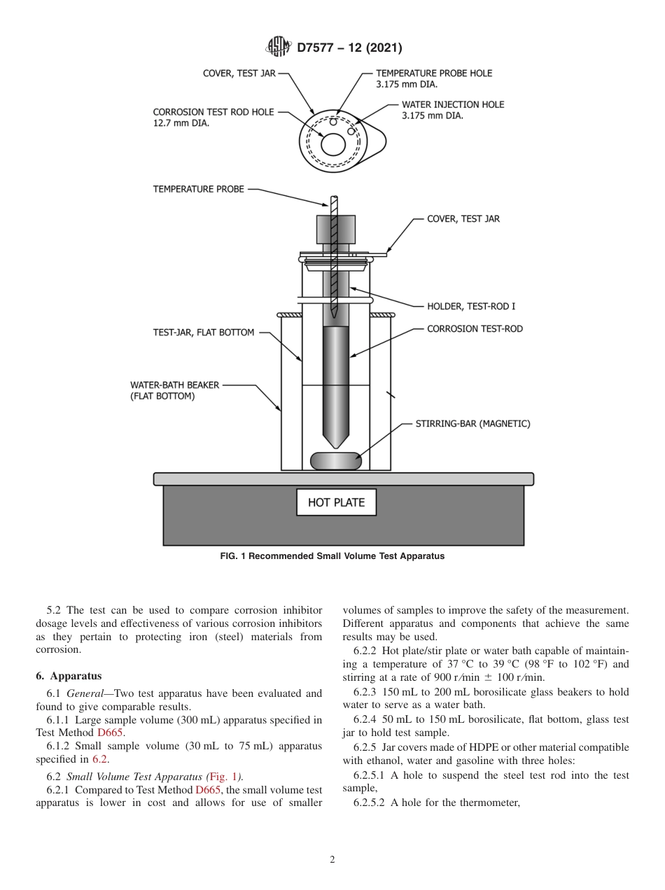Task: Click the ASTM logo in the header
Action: coord(278,48)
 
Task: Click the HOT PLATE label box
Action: coord(336,502)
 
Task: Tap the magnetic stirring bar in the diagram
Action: coord(336,461)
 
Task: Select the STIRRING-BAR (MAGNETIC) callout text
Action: coord(472,423)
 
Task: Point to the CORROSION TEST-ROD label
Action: coord(475,329)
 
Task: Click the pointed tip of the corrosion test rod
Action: coord(336,446)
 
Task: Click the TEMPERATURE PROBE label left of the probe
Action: coord(199,189)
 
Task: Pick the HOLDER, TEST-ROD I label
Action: coord(471,306)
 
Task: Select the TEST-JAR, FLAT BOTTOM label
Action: coord(204,332)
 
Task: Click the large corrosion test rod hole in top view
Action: coord(333,145)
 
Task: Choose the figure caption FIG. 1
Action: coord(332,556)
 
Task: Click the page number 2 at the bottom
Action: coord(332,860)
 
